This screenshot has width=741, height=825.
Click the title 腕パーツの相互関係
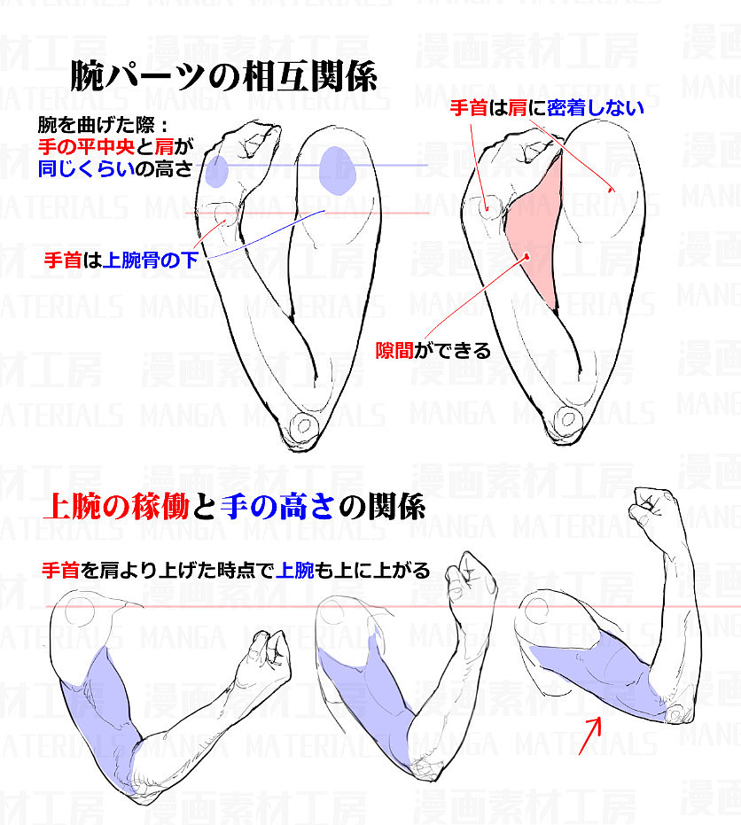(223, 76)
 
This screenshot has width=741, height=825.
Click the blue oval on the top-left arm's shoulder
(338, 169)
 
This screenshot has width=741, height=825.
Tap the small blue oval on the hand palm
(215, 171)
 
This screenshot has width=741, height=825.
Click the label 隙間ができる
(433, 350)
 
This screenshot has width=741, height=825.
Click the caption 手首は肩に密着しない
(546, 108)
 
